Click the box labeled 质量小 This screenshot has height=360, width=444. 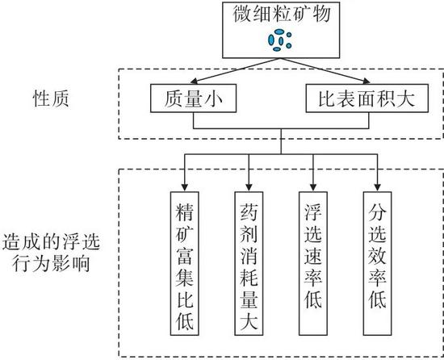pos(193,98)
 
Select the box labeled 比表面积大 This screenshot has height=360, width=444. pos(367,98)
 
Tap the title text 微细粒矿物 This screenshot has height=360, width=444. pos(282,15)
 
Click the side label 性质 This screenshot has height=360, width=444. pos(51,98)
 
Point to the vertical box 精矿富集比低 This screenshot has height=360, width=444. pos(185,263)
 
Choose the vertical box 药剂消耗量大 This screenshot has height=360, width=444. pos(249,263)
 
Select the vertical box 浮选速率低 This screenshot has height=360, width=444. pos(313,263)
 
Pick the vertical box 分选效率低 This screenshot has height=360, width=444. pos(378,263)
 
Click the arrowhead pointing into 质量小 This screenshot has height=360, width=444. pos(195,82)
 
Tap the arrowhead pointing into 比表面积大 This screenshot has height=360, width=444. pos(367,82)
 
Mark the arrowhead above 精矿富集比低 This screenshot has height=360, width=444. pos(185,187)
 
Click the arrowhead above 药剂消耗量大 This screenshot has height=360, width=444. pos(249,187)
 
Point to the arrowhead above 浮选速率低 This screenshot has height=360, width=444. pos(313,187)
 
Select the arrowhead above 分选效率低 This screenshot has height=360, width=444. pos(378,187)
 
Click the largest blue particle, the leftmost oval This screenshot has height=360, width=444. pos(271,40)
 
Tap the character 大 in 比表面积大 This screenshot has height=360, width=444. pos(405,98)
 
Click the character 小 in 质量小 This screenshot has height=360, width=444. pos(213,98)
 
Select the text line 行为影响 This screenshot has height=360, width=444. pos(51,263)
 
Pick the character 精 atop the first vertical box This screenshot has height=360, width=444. pos(184,212)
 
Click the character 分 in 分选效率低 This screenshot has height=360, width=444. pos(378,212)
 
